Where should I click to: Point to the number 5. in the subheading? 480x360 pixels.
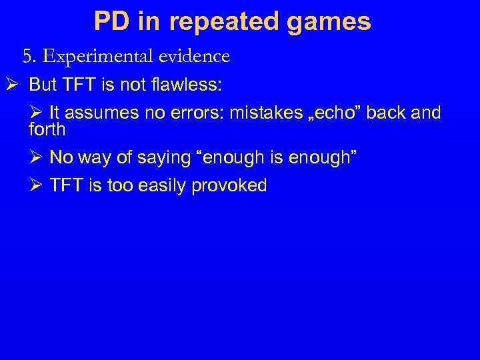click(x=30, y=57)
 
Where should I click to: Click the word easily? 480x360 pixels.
click(x=163, y=185)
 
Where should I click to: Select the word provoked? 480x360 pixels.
click(x=229, y=185)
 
